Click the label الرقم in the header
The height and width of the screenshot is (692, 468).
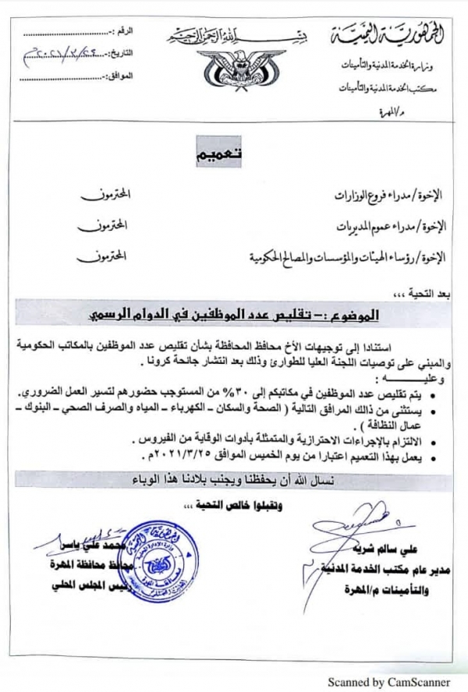124,31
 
